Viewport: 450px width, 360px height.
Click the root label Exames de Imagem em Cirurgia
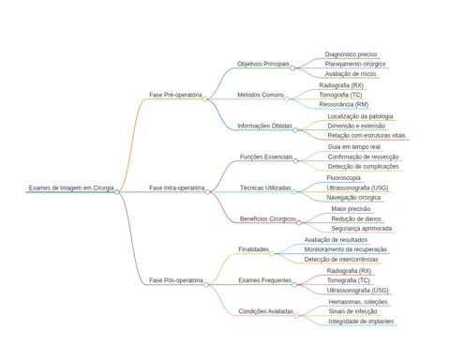[x=71, y=187]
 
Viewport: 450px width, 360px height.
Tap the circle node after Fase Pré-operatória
[x=204, y=99]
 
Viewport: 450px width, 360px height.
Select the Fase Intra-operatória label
[x=177, y=187]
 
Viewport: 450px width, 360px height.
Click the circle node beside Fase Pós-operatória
[x=205, y=285]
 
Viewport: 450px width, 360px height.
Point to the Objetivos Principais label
[x=263, y=64]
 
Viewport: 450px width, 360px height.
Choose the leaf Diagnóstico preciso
[x=351, y=54]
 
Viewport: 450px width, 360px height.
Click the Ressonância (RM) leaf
[x=344, y=104]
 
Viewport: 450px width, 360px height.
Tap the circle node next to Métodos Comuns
[x=287, y=99]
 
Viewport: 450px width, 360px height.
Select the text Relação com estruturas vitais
[x=367, y=135]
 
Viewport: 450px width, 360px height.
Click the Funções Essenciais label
[x=266, y=157]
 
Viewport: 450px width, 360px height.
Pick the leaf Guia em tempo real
[x=354, y=147]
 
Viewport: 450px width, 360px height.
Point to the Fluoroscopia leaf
[x=343, y=178]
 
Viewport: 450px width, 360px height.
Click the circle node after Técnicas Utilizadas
[x=294, y=192]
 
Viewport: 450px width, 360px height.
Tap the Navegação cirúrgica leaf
[x=353, y=198]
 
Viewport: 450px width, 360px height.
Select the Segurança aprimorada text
[x=362, y=229]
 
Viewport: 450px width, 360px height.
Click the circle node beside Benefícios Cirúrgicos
[x=299, y=223]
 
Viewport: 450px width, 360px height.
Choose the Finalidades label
[x=253, y=249]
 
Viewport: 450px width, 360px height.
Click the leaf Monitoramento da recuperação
[x=346, y=249]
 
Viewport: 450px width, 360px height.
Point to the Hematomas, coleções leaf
[x=358, y=302]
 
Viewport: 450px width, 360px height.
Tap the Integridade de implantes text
[x=361, y=322]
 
